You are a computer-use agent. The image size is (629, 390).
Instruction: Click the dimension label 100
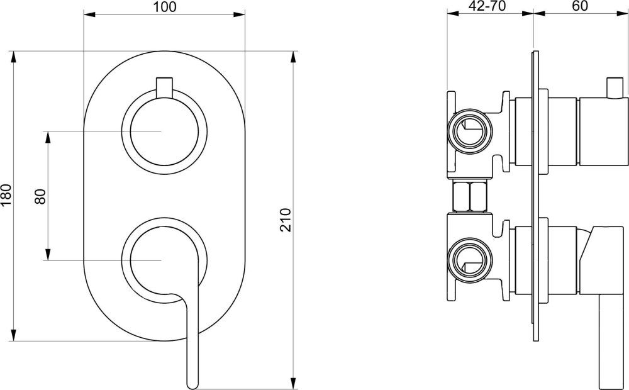click(x=164, y=7)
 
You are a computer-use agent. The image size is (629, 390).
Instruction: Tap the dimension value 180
click(x=7, y=196)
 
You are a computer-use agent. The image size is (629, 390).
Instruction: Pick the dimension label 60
click(x=580, y=7)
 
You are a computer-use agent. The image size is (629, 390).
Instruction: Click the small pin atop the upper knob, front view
click(x=164, y=87)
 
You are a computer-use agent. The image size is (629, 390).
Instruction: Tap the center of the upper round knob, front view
click(x=164, y=131)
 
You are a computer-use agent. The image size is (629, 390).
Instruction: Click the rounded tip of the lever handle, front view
click(x=192, y=381)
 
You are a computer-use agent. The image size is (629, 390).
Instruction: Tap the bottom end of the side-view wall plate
click(x=536, y=338)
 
